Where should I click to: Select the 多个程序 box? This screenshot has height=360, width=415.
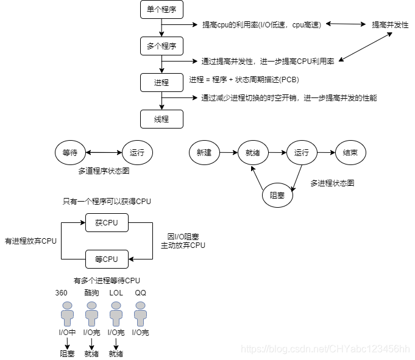(161, 46)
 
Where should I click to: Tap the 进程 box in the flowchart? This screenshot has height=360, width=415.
(161, 82)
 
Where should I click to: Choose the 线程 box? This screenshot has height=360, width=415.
(161, 118)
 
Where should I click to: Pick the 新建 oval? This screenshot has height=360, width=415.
(204, 152)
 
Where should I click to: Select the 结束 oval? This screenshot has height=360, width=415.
(351, 152)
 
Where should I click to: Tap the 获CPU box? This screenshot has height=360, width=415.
(107, 223)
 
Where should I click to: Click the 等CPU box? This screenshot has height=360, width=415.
(107, 259)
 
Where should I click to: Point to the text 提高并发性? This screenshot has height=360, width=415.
(390, 24)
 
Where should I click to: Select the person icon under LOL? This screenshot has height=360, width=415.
(116, 314)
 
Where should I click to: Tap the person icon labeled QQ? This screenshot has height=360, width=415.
(141, 314)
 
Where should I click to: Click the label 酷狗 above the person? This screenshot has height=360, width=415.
(91, 293)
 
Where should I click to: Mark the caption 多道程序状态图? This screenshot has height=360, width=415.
(104, 172)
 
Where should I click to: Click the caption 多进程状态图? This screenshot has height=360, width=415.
(332, 183)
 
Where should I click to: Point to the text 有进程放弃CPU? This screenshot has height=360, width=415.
(30, 241)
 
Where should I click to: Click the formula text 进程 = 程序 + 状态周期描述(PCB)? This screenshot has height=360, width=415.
(244, 80)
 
